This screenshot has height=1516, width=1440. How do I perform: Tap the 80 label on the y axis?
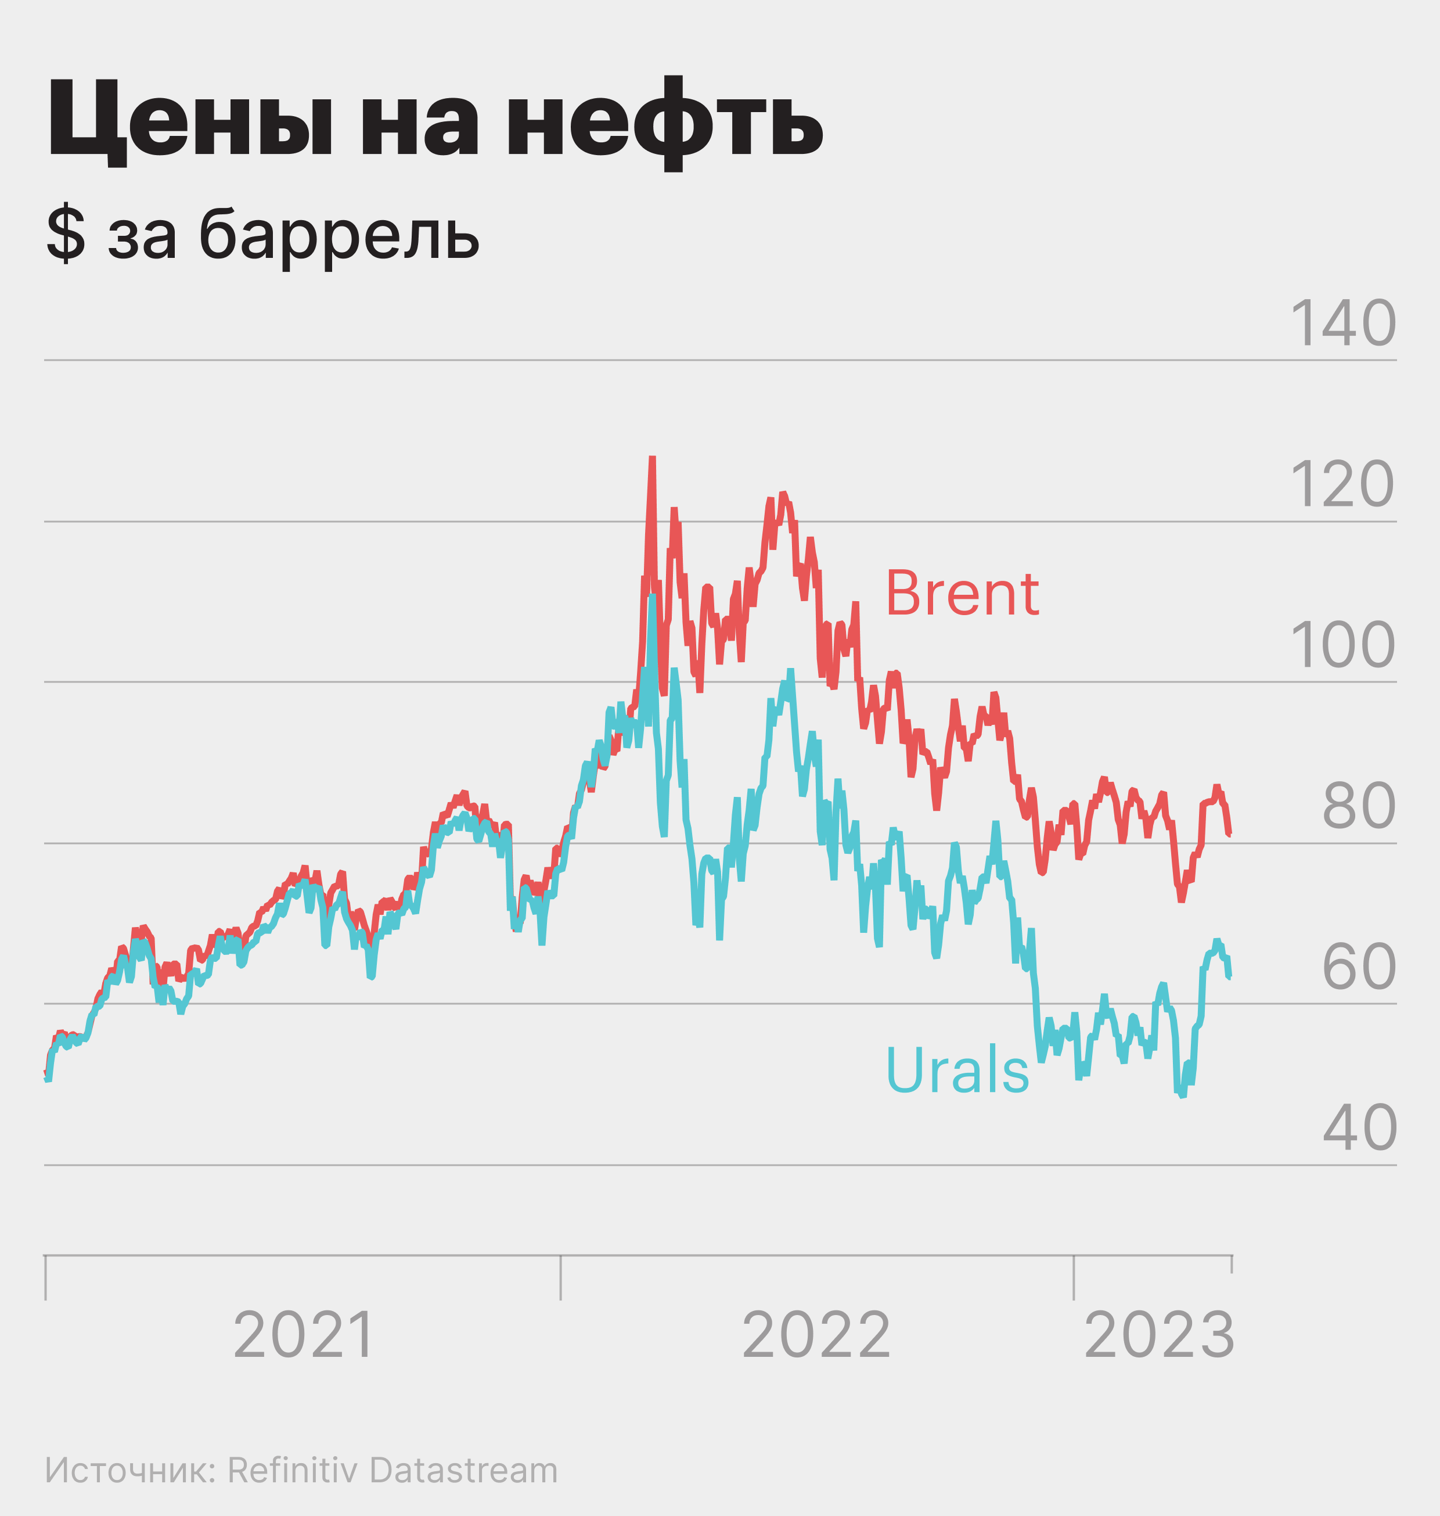(x=1358, y=806)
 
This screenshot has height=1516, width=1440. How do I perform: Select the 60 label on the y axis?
(x=1358, y=967)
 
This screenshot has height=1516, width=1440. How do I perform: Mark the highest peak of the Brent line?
(x=651, y=458)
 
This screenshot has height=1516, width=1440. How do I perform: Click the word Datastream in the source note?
(x=463, y=1471)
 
